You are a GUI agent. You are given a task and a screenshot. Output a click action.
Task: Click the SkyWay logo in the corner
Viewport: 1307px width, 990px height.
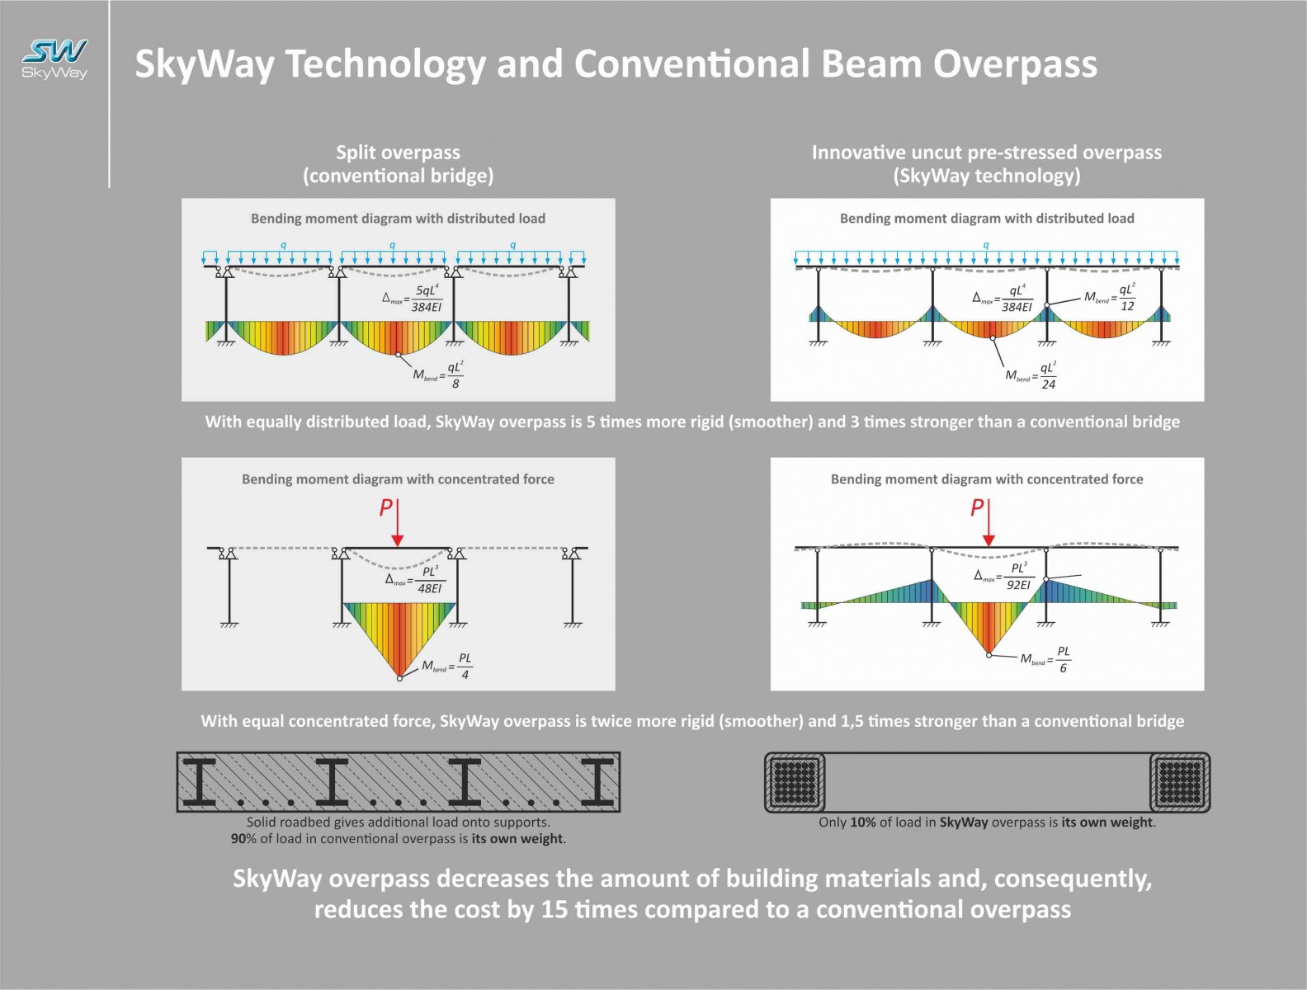coord(54,59)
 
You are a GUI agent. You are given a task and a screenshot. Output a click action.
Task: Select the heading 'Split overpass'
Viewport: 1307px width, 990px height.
coord(398,153)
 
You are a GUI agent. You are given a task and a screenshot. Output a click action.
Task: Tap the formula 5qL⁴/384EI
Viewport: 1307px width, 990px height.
coord(413,299)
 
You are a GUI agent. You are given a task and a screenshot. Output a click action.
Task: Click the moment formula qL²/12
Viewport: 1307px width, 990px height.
coord(1109,297)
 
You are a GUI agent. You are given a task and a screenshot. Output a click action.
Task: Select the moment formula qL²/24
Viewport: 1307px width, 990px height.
coord(1031,375)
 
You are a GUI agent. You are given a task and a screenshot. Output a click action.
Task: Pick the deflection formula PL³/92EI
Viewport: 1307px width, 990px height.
coord(1004,576)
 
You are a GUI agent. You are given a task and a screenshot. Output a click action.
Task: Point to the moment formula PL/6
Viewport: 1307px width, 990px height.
coord(1045,659)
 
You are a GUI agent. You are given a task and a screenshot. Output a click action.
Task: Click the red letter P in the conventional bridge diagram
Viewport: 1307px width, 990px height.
coord(386,508)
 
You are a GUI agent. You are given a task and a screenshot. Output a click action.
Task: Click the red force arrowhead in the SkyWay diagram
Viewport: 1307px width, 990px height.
coord(989,540)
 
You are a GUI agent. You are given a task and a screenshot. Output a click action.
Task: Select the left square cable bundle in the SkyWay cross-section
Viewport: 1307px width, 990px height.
coord(795,782)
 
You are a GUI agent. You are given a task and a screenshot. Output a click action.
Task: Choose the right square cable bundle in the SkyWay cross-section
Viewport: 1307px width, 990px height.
coord(1180,782)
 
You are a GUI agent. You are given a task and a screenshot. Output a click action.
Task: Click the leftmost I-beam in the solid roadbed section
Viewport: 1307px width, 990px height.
coord(198,782)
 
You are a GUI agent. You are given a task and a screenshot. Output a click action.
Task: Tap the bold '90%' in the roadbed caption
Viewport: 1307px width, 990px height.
coord(243,838)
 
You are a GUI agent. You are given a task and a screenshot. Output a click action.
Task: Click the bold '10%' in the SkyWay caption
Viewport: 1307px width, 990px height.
coord(863,823)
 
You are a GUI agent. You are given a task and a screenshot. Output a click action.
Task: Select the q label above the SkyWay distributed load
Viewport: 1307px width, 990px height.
coord(986,245)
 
